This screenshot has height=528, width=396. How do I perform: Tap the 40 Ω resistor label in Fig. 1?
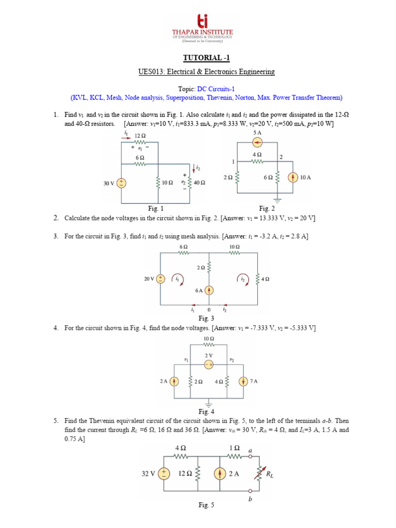pos(199,183)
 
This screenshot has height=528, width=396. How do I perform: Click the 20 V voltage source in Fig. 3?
pos(161,278)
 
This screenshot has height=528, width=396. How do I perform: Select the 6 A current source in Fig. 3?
pos(209,290)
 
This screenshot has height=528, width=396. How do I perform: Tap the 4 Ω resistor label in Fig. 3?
pos(265,279)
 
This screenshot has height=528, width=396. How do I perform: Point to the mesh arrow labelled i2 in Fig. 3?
pos(242,278)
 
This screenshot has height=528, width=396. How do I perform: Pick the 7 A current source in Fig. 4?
pos(243,382)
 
